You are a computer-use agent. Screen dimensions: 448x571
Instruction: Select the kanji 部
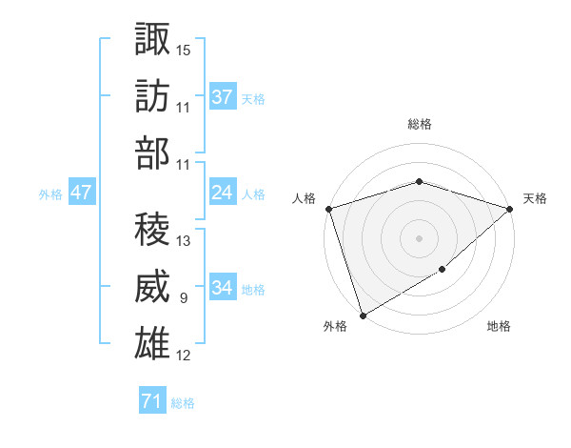coord(153,153)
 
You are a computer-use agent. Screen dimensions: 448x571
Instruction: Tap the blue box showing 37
coord(223,96)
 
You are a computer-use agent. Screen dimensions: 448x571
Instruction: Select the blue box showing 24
coord(223,193)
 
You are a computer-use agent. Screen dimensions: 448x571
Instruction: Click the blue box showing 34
coord(223,288)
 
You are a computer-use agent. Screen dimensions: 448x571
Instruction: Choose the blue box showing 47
coord(82,193)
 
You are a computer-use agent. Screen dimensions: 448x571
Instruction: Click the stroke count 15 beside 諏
coord(184,49)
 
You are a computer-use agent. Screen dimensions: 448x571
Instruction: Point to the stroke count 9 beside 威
coord(183,298)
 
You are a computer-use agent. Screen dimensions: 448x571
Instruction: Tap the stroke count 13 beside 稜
coord(184,241)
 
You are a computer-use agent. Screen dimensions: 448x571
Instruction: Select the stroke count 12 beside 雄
coord(184,356)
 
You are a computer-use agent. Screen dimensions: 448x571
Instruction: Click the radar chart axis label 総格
coord(419,124)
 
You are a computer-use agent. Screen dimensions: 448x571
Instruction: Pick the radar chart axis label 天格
coord(535,198)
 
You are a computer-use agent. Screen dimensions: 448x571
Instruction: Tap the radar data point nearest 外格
coord(363,315)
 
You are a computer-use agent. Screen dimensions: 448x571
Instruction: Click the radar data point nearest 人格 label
coord(328,208)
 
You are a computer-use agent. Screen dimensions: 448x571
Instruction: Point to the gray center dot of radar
coord(419,237)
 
